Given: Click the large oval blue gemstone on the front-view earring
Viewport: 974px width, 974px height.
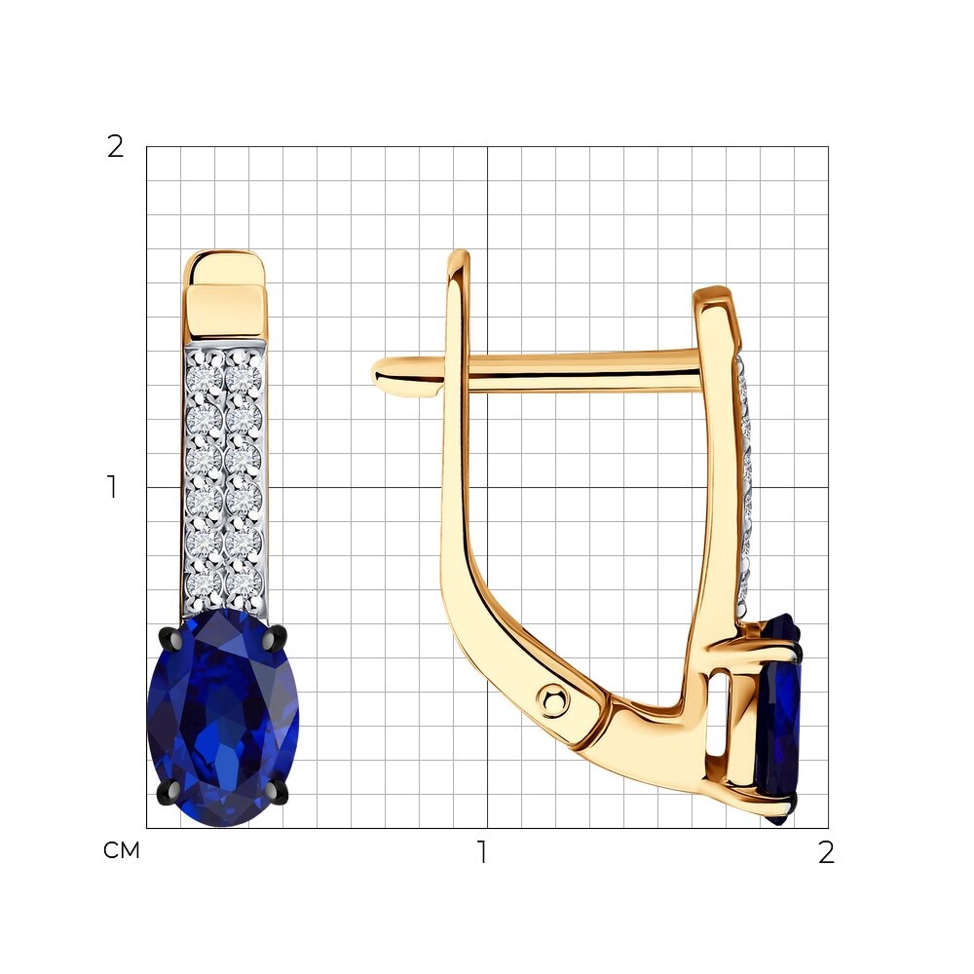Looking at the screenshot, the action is click(223, 718).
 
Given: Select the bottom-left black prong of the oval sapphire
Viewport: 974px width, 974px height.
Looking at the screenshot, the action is click(170, 791).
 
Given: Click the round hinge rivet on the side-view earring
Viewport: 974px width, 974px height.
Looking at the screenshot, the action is click(553, 700).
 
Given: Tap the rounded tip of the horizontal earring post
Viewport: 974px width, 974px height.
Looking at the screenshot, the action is click(380, 375).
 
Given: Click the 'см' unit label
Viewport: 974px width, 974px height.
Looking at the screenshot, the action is click(121, 850).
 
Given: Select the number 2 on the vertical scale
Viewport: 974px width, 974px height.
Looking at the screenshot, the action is click(116, 147).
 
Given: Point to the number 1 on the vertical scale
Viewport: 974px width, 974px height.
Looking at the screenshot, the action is click(112, 487).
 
